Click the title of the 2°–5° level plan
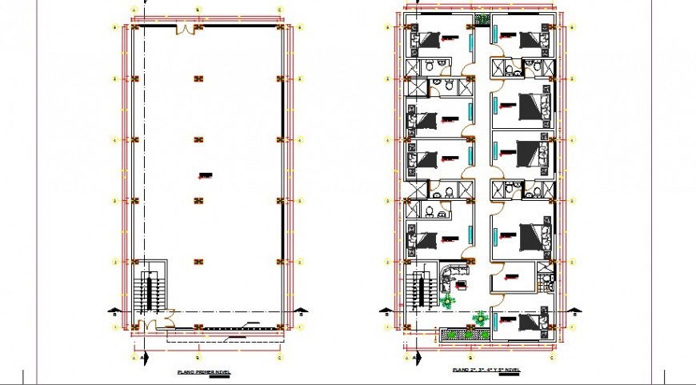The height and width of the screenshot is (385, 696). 486,370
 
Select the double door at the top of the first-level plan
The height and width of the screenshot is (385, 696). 186,30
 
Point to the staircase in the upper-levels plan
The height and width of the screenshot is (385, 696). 417,290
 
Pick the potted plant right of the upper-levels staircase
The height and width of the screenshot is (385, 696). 447,301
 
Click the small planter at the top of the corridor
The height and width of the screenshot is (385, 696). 482,19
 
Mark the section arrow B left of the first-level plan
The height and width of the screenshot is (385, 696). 118,311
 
